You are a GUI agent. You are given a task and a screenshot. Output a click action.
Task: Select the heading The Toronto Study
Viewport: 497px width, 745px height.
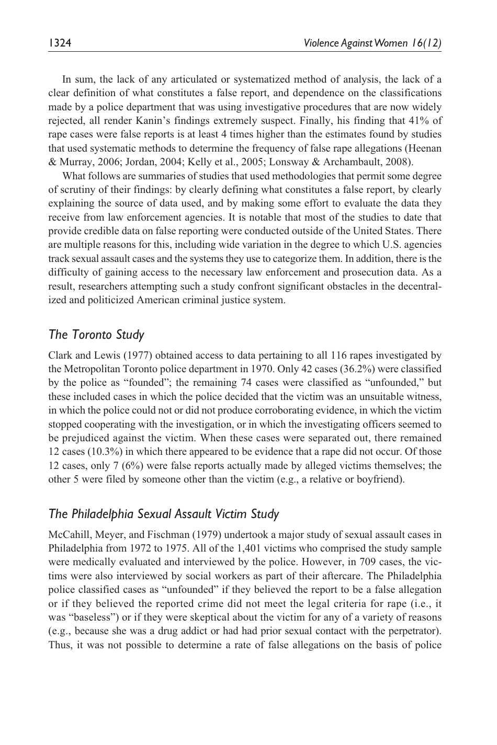point(96,334)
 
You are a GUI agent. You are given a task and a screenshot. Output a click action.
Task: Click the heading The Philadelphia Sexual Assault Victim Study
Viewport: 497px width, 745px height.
point(163,513)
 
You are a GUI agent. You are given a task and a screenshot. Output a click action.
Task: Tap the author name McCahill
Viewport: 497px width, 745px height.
point(67,534)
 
